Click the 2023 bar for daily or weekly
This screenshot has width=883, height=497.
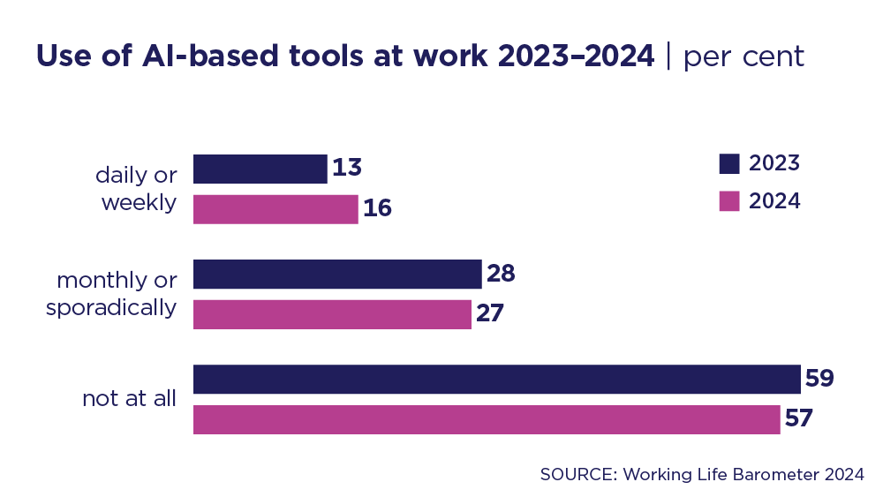[260, 169]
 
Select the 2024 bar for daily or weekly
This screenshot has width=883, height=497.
[275, 209]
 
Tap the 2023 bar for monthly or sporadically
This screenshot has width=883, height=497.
[337, 274]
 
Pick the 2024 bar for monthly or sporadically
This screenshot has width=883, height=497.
[332, 314]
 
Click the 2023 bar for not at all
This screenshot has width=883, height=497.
[496, 379]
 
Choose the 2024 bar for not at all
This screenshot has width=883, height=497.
[487, 419]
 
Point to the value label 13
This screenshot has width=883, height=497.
[347, 168]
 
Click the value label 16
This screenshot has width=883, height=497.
[377, 209]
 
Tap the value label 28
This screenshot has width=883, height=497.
[501, 274]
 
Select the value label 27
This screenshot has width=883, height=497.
[490, 314]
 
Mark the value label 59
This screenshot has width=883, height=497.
[819, 379]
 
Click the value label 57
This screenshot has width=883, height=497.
[798, 419]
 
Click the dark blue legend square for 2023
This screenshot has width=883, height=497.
[728, 163]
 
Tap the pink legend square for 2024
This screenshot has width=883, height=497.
[728, 201]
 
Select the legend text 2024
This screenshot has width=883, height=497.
[774, 201]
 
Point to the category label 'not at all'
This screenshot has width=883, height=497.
[130, 398]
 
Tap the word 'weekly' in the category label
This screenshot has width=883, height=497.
[139, 202]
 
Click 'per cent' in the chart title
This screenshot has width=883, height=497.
[743, 56]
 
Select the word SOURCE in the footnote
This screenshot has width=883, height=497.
[577, 474]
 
